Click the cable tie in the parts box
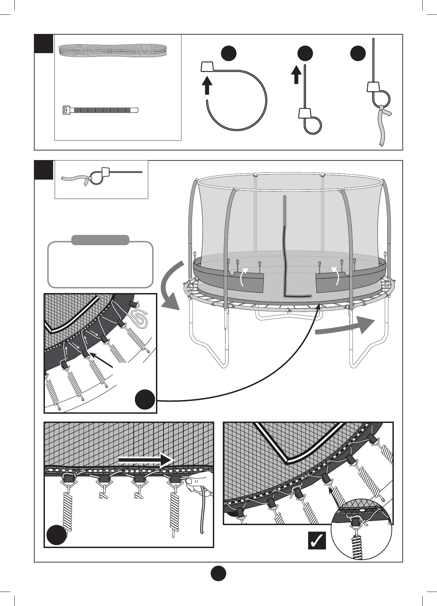click(x=99, y=110)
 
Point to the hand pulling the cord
click(x=199, y=480)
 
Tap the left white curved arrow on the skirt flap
click(x=243, y=277)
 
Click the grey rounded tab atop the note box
click(x=100, y=240)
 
